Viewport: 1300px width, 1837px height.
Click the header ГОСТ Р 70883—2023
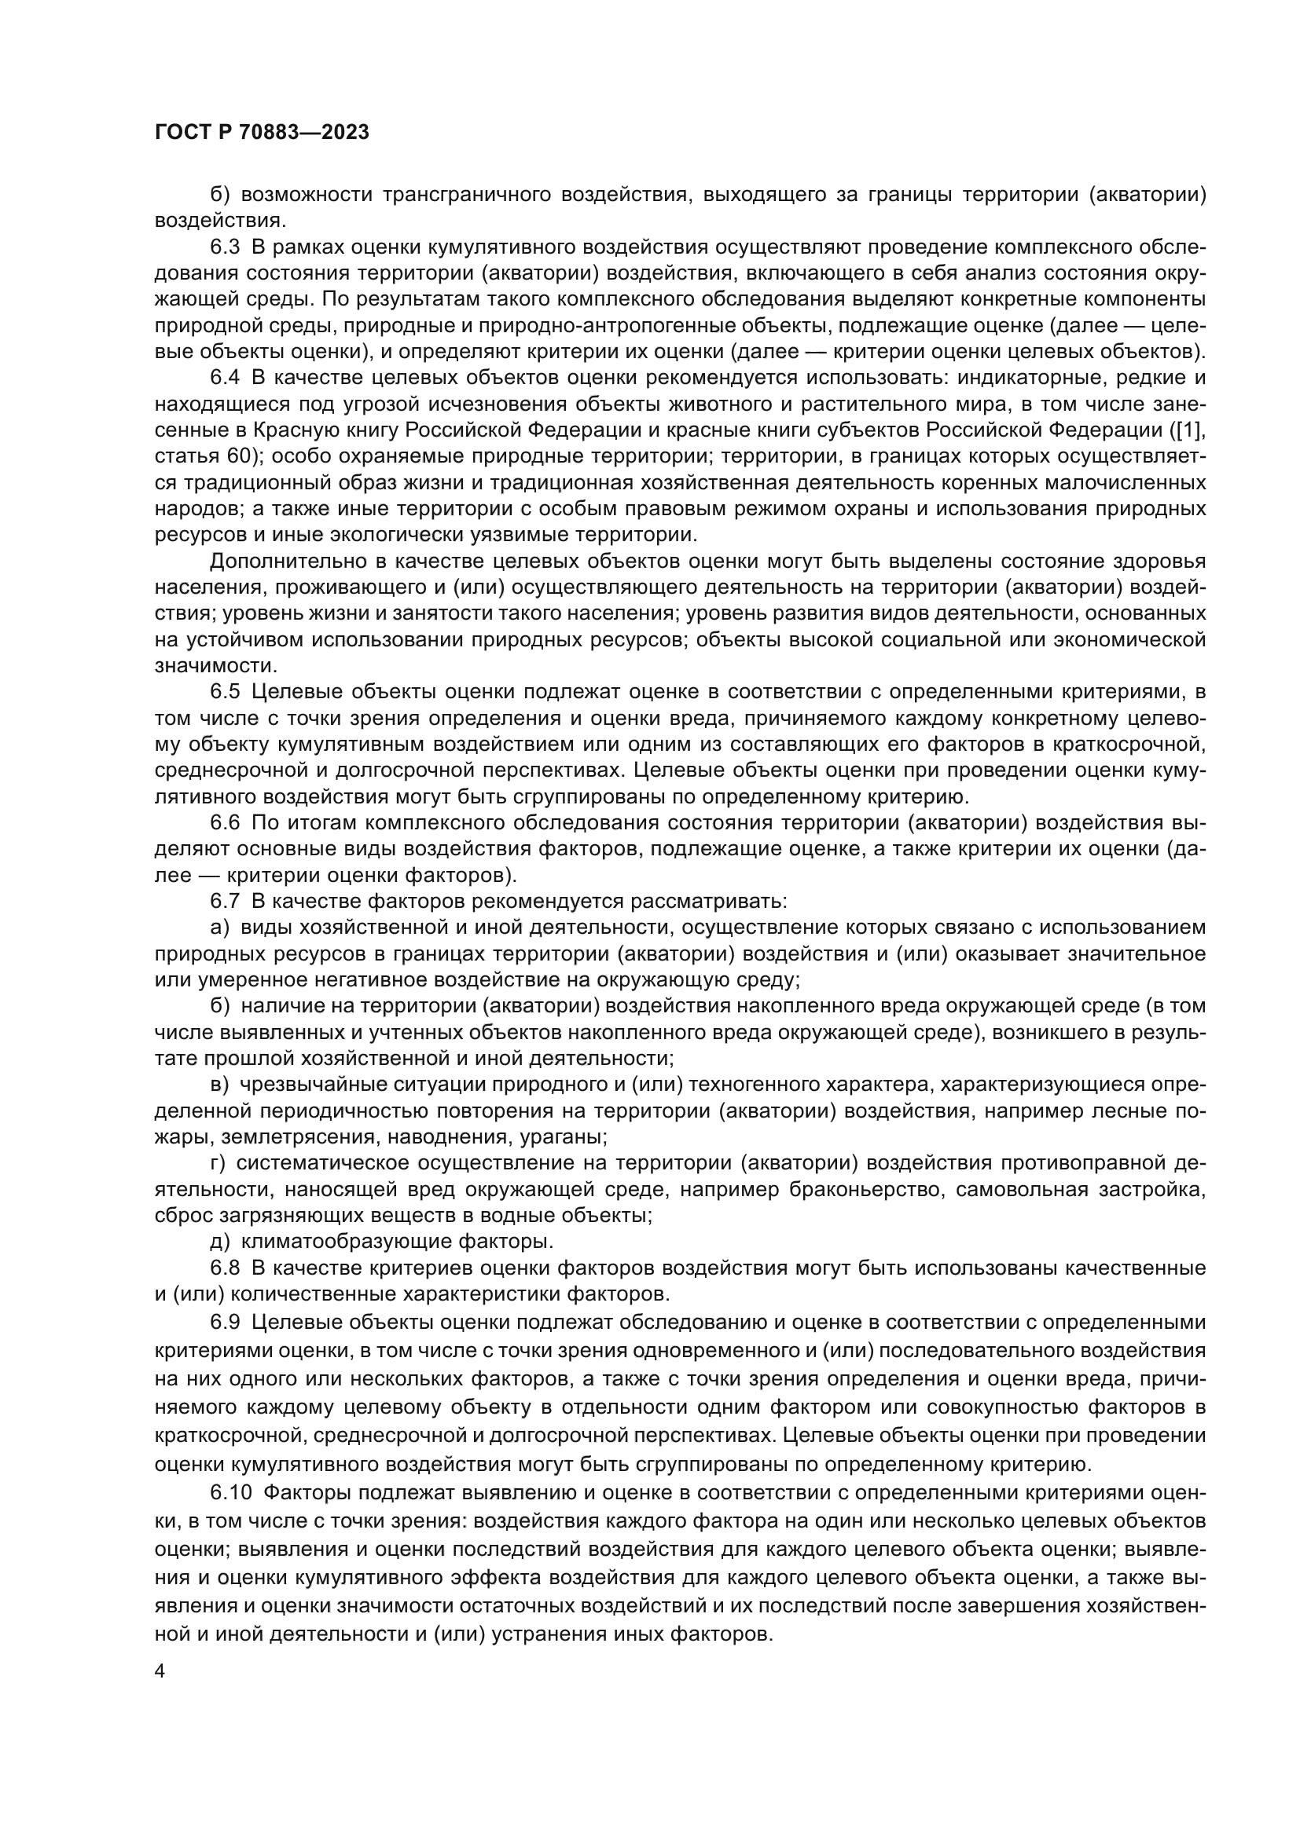point(262,133)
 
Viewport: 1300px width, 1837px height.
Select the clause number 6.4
point(226,378)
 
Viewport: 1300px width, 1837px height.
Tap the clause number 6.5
point(226,691)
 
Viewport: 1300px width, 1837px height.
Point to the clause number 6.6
point(226,822)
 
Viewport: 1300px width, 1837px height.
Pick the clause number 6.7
point(226,901)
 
